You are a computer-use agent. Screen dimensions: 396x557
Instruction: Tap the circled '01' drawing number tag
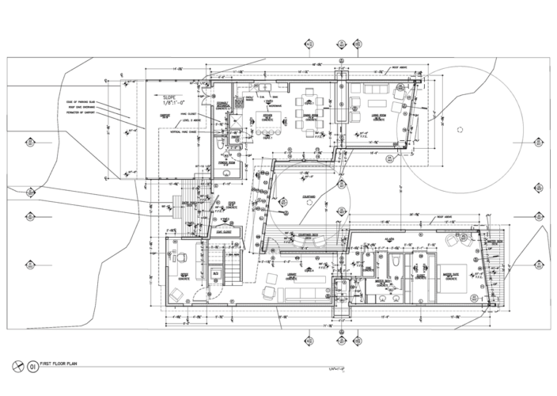[33, 367]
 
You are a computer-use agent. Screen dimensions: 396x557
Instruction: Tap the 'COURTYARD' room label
[309, 197]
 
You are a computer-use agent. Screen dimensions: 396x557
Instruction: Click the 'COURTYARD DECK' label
[303, 234]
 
